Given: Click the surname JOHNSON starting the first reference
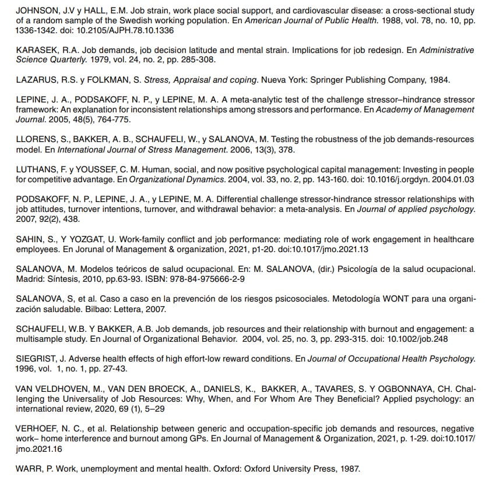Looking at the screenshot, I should [x=36, y=11].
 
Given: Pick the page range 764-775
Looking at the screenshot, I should [x=114, y=119].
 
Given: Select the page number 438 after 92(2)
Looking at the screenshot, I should [x=72, y=219].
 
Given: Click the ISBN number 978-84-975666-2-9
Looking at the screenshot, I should [x=206, y=279].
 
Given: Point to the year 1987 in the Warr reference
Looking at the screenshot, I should [x=349, y=468].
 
